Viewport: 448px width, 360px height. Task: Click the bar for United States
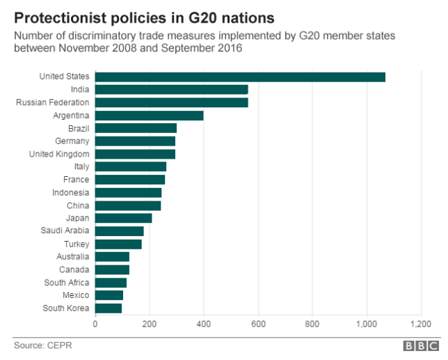(x=240, y=77)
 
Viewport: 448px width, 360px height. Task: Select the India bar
(x=171, y=90)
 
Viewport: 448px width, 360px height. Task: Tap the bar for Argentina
(x=149, y=116)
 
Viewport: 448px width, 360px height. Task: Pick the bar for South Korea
(x=109, y=308)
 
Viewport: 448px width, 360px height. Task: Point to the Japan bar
(x=123, y=218)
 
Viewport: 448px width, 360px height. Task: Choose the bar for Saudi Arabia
(x=119, y=231)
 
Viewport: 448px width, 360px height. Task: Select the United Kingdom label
(x=59, y=154)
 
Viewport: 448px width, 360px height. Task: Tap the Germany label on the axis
(x=71, y=141)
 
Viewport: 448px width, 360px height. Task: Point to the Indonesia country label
(x=70, y=192)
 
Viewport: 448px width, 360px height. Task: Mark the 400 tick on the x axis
(x=203, y=324)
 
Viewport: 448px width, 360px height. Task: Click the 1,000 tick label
(x=367, y=324)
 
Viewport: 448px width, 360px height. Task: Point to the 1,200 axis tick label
(x=421, y=324)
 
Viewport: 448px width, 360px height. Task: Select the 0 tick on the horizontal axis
(x=95, y=324)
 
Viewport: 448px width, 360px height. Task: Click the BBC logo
(x=421, y=345)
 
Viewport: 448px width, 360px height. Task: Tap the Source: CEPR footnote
(x=43, y=345)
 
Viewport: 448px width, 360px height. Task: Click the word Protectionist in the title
(x=63, y=15)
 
